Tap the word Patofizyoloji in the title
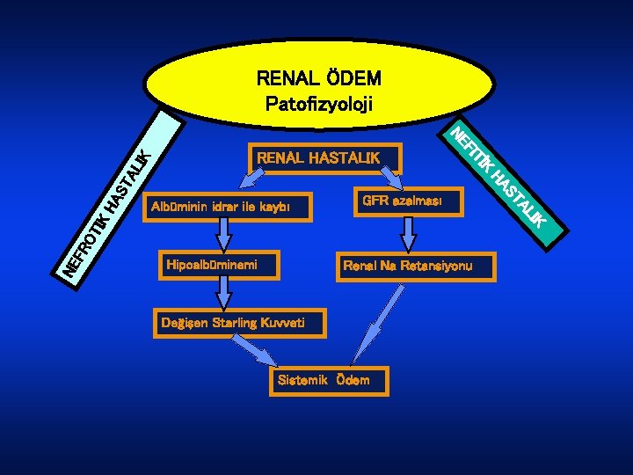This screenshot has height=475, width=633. [x=318, y=104]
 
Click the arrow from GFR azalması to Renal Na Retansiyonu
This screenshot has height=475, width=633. [x=408, y=233]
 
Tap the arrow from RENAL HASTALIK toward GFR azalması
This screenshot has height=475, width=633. [x=389, y=179]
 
